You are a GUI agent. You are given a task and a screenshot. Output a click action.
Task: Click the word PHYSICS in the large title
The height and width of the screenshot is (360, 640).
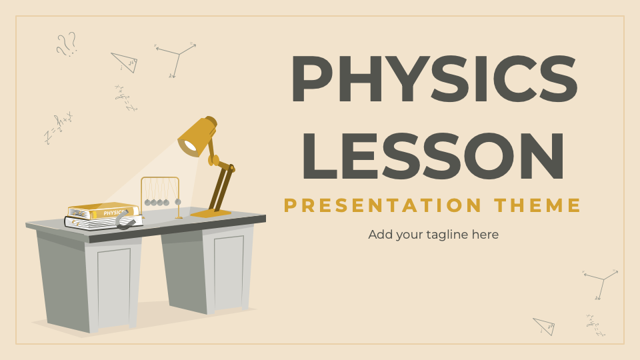pos(434,79)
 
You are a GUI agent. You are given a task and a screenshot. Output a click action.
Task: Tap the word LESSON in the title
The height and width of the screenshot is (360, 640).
pos(434,156)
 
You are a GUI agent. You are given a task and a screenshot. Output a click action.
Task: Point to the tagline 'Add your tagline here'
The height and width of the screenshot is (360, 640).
pos(433,235)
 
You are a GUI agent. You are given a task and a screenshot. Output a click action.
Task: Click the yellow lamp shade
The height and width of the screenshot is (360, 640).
pos(198,135)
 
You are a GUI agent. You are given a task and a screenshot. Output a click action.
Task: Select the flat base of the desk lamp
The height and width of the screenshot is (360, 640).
pos(210,213)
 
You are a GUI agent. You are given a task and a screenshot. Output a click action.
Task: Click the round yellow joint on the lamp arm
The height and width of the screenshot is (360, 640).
pos(213,160)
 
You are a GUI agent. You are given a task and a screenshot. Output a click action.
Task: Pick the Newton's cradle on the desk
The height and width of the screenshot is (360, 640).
pos(160,197)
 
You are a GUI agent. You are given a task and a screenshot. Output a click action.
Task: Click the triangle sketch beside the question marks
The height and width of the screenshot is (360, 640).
pos(125,62)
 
